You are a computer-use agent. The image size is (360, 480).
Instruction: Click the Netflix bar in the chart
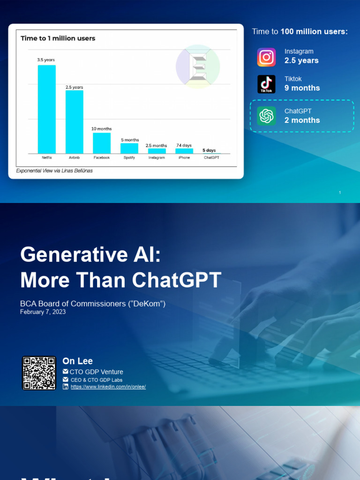(x=46, y=109)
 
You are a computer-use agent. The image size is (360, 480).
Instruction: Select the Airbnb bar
(x=74, y=122)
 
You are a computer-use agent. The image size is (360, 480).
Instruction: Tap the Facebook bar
(x=102, y=143)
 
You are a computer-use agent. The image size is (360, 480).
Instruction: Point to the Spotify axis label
(x=129, y=158)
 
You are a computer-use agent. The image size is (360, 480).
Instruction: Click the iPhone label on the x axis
(x=184, y=158)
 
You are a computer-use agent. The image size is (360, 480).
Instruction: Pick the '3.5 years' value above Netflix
(x=46, y=60)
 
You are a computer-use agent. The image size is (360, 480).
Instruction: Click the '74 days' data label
(x=184, y=145)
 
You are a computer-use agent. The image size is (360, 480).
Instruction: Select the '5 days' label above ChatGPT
(x=209, y=150)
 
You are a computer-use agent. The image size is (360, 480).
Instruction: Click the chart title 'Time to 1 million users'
(x=58, y=38)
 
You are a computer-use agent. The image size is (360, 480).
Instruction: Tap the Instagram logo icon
(x=266, y=57)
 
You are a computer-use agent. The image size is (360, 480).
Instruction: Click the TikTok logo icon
(x=266, y=84)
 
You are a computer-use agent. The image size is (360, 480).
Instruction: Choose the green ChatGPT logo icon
(x=266, y=116)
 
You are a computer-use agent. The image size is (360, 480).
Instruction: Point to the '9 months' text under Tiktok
(x=302, y=88)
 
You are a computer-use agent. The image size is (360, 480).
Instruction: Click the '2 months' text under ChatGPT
(x=302, y=120)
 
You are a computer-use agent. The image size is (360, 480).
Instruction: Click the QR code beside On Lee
(x=39, y=373)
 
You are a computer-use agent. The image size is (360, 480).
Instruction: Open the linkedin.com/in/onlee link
(x=108, y=387)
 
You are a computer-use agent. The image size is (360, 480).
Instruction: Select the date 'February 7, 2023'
(x=43, y=312)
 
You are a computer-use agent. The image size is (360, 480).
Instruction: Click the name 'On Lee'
(x=77, y=361)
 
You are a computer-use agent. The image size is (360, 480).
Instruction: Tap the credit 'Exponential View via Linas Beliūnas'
(x=54, y=171)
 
